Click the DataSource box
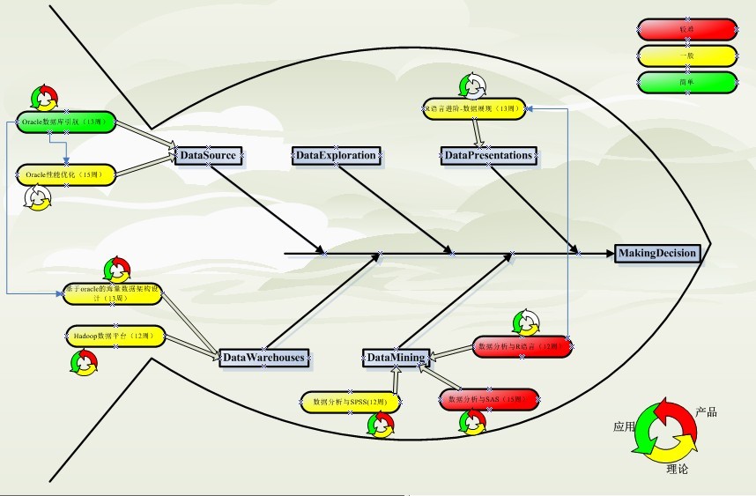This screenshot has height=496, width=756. click(x=207, y=156)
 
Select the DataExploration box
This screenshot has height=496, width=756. click(x=336, y=156)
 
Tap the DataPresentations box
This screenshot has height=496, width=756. click(x=488, y=156)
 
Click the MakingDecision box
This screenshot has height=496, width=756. click(x=657, y=254)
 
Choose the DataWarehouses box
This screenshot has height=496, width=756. click(x=263, y=358)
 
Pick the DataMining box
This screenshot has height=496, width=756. click(x=397, y=358)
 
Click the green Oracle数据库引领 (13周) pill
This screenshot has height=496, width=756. click(x=66, y=122)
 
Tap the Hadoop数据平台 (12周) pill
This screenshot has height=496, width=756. click(x=114, y=337)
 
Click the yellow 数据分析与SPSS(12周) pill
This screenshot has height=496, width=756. click(x=351, y=403)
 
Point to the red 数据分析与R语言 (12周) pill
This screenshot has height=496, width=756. click(x=518, y=347)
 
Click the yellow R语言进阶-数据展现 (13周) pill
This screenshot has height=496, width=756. click(x=474, y=108)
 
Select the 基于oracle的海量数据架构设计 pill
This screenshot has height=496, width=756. click(x=112, y=293)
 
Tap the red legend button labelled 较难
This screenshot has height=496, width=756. click(x=686, y=30)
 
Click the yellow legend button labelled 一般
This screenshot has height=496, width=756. click(x=686, y=56)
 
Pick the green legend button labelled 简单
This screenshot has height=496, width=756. click(x=686, y=83)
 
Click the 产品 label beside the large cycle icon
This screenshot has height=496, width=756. click(x=706, y=412)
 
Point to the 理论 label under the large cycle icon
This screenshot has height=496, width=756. click(x=678, y=469)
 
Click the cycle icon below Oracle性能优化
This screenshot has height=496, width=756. click(x=38, y=199)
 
